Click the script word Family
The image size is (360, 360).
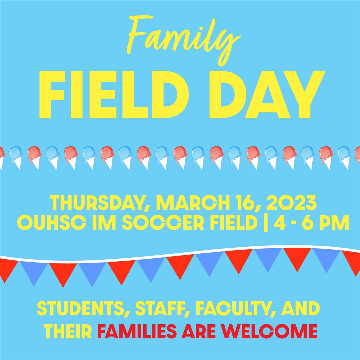pos(180,40)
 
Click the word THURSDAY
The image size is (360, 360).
pos(97,203)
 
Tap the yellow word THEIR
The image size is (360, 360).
pos(69,330)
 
